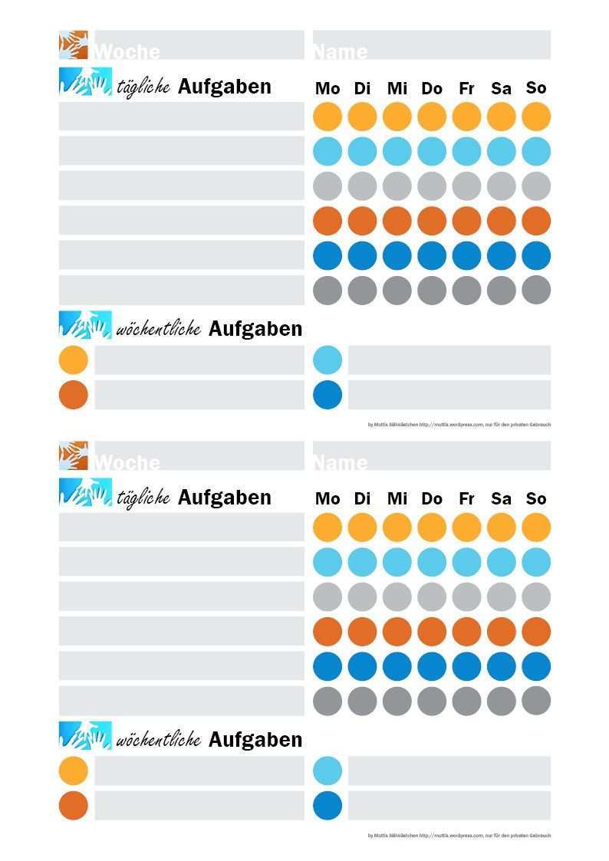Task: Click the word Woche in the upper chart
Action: click(x=127, y=51)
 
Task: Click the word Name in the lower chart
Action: click(x=340, y=462)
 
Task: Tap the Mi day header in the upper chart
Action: click(x=397, y=88)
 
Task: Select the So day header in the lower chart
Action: click(x=536, y=498)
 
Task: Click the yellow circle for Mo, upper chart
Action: click(x=328, y=117)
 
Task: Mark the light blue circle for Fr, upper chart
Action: click(x=466, y=151)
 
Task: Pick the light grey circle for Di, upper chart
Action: click(x=362, y=186)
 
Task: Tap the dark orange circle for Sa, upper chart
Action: click(x=502, y=221)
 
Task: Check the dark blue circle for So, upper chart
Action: click(x=536, y=255)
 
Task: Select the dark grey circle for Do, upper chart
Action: click(x=432, y=290)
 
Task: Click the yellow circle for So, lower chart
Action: click(x=536, y=527)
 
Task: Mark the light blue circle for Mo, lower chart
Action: click(x=328, y=562)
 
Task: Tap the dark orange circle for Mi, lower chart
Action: click(x=397, y=632)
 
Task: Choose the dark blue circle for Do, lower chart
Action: click(x=432, y=666)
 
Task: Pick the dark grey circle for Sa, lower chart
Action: click(x=502, y=701)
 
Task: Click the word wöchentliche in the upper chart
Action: click(x=158, y=329)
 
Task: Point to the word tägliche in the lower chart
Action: click(x=143, y=498)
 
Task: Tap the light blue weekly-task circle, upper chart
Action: click(x=328, y=360)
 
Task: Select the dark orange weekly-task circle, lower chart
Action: click(x=74, y=806)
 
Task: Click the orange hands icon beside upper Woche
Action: click(x=74, y=44)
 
